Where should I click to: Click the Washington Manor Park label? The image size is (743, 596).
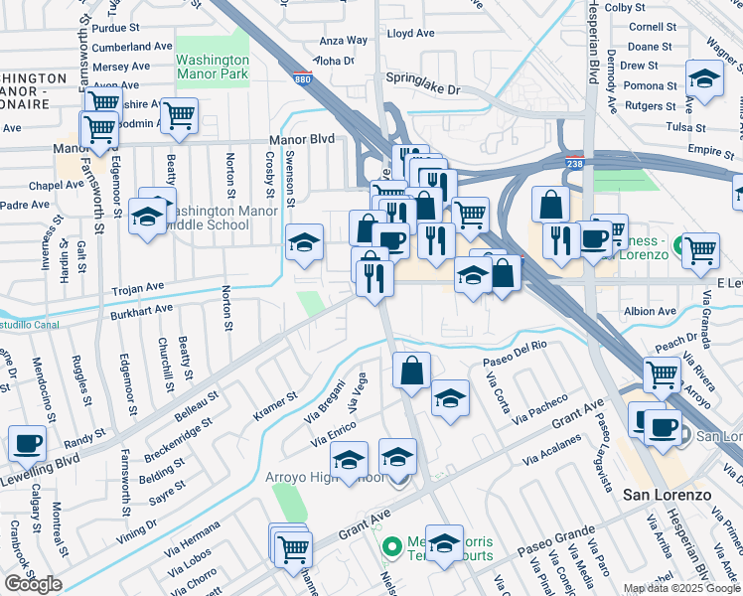click(212, 66)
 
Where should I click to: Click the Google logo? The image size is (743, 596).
click(33, 584)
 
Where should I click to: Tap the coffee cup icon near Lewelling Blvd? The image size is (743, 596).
click(27, 443)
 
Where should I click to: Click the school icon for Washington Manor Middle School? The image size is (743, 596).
click(147, 216)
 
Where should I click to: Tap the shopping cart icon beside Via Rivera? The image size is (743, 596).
click(662, 374)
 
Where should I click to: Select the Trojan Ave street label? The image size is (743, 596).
click(140, 286)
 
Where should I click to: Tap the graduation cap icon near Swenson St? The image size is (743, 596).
click(304, 241)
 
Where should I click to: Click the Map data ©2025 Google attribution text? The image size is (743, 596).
click(681, 588)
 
